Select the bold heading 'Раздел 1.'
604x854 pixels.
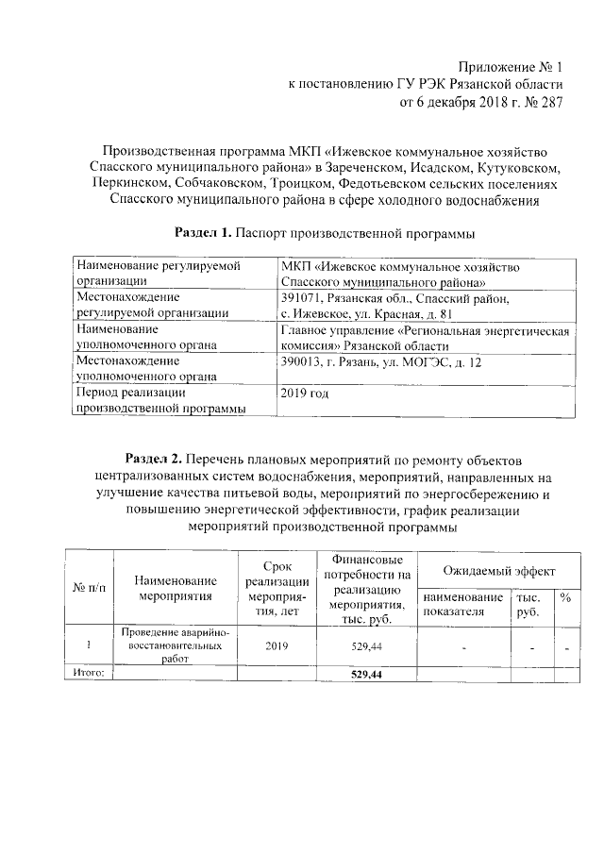(205, 231)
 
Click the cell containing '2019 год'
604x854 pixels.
(305, 391)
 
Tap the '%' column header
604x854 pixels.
(565, 597)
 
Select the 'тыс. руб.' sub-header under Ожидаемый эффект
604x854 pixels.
(528, 605)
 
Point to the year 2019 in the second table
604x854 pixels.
(275, 647)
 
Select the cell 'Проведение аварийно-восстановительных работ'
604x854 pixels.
(176, 646)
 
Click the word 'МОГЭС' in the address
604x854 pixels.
(438, 362)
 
